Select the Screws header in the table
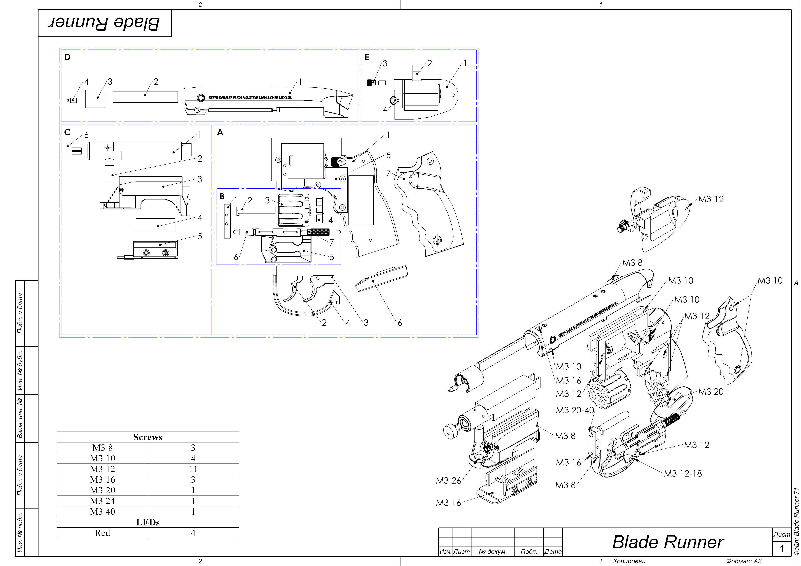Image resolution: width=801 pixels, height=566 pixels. (148, 437)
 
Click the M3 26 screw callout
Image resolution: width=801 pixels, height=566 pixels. (448, 481)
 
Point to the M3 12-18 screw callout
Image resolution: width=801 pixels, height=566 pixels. (683, 473)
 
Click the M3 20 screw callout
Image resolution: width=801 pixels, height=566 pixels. (711, 392)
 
